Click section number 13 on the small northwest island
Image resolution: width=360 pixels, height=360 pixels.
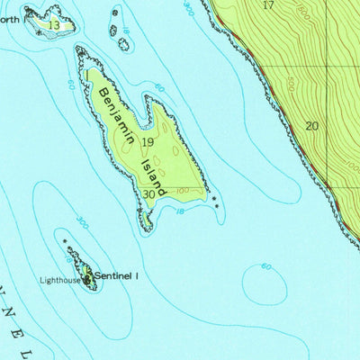coord(54,26)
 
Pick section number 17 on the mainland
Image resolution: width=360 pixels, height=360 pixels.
coord(268,5)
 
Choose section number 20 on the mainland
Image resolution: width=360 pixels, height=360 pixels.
coord(311,126)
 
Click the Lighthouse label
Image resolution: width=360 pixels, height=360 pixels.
coord(59,280)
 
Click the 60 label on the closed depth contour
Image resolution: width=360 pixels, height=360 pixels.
coord(265,266)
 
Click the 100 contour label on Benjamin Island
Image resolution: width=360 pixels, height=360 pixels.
coord(183,190)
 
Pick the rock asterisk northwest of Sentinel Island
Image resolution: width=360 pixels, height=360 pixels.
coord(64,241)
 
